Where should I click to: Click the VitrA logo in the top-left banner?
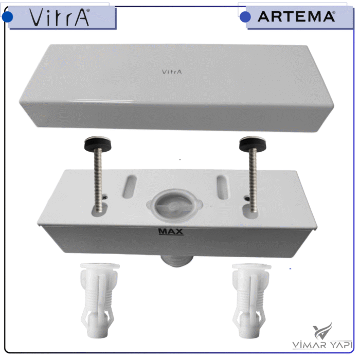[60, 17]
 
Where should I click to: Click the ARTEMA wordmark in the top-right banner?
[296, 17]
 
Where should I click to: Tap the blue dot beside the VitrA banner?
[7, 17]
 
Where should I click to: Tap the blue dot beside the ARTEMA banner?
[245, 17]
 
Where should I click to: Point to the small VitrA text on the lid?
[172, 72]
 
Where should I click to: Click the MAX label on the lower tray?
[171, 231]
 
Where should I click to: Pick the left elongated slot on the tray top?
[129, 187]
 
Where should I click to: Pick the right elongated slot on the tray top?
[223, 187]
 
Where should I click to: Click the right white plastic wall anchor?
[250, 300]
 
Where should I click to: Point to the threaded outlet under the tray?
[177, 261]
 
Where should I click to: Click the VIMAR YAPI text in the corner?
[322, 345]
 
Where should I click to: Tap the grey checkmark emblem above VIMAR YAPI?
[322, 331]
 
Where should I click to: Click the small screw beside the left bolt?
[105, 197]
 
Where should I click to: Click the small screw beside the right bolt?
[247, 199]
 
